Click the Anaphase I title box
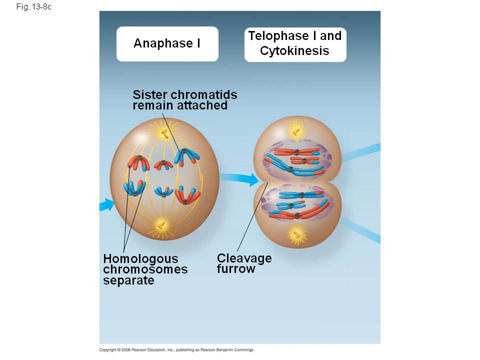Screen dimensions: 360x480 click(x=167, y=44)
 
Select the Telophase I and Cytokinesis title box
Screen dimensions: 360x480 click(x=295, y=44)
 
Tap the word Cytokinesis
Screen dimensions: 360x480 click(x=294, y=51)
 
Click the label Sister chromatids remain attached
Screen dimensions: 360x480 click(x=184, y=100)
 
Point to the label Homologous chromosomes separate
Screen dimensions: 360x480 click(x=145, y=269)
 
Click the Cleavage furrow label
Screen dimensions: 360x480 click(x=244, y=263)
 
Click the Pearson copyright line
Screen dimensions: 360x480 click(x=177, y=350)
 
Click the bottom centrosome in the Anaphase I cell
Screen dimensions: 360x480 click(x=161, y=225)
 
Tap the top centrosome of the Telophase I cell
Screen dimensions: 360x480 click(x=296, y=131)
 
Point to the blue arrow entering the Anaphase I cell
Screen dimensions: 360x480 click(x=106, y=204)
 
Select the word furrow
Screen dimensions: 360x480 click(x=236, y=269)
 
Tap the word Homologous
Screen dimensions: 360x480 click(x=140, y=259)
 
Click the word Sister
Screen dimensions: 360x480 click(x=150, y=94)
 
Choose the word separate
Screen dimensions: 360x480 click(x=128, y=280)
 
